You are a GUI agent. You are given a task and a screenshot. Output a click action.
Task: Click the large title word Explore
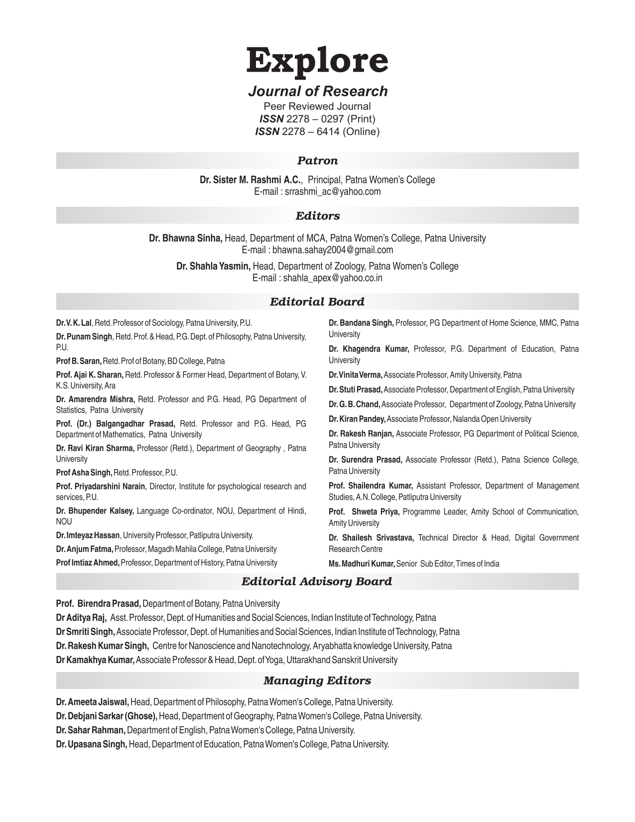(317, 61)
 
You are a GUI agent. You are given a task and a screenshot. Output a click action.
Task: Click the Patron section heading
(317, 160)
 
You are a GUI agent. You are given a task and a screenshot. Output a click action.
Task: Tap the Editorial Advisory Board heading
(317, 581)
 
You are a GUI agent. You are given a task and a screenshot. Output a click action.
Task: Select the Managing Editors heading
(317, 681)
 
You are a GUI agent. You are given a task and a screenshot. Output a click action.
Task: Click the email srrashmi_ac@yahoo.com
(332, 192)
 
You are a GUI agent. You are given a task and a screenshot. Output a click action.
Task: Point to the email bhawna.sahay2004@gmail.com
(332, 250)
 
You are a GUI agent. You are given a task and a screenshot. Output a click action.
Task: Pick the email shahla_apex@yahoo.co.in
(332, 278)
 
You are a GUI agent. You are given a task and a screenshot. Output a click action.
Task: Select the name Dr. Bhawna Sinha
(186, 238)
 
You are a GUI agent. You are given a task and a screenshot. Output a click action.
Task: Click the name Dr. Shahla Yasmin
(213, 266)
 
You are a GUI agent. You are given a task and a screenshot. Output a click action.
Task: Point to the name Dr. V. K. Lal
(74, 323)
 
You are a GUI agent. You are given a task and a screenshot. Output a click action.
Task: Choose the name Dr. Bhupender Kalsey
(95, 511)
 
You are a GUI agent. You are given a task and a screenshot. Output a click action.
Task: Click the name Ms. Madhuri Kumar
(362, 564)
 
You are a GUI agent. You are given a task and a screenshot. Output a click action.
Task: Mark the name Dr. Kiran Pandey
(357, 419)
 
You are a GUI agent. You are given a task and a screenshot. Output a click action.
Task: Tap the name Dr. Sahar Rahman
(91, 730)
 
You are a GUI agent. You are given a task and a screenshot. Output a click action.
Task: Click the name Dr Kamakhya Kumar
(95, 660)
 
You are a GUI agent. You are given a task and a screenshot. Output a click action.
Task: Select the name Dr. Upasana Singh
(92, 744)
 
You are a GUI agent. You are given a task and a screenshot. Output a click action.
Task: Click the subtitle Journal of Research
(317, 91)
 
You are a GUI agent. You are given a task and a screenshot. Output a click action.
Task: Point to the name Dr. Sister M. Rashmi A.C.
(251, 180)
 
